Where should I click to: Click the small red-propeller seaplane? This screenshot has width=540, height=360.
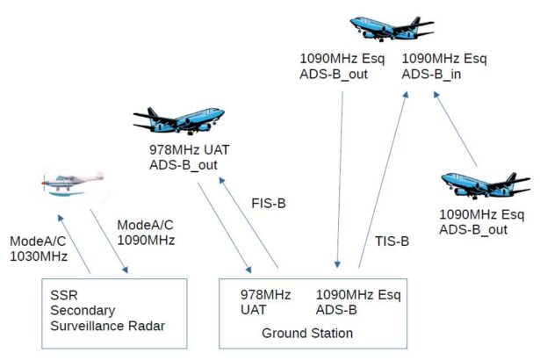[x=73, y=184]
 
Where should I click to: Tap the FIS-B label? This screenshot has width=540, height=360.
[x=269, y=203]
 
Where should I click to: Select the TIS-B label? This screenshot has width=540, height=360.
[x=392, y=241]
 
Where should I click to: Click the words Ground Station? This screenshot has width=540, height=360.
[x=307, y=333]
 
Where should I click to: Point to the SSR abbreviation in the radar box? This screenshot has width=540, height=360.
[x=64, y=295]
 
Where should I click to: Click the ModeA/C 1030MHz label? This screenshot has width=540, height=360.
[x=39, y=248]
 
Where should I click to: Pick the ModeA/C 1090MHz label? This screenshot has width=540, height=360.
[x=146, y=233]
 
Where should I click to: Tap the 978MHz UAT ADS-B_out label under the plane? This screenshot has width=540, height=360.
[x=190, y=157]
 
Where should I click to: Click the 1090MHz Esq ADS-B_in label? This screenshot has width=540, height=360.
[x=444, y=66]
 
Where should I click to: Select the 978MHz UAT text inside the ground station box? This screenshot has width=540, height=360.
[x=265, y=302]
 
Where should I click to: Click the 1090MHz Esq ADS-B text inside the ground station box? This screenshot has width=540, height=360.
[x=358, y=302]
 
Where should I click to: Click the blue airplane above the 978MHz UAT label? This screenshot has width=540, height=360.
[x=179, y=120]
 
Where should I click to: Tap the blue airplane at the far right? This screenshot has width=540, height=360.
[x=486, y=185]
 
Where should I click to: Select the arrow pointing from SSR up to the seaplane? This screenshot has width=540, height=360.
[x=74, y=244]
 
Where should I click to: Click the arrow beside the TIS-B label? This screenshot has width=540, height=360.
[x=383, y=179]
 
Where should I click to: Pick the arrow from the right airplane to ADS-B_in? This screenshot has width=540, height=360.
[x=455, y=129]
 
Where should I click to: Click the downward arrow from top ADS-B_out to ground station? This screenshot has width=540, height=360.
[x=340, y=179]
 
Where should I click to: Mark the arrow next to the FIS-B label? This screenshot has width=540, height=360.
[x=248, y=222]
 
